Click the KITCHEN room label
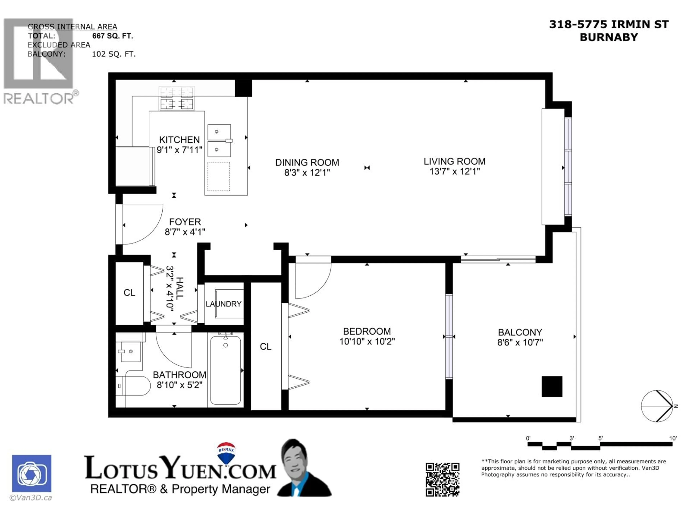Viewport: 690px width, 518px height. click(179, 140)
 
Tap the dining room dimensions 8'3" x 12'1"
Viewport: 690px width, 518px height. click(307, 172)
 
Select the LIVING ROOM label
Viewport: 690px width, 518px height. click(454, 162)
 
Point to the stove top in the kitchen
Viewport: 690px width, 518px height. click(177, 98)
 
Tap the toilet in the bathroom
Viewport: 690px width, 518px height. click(134, 386)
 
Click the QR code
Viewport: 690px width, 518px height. click(442, 479)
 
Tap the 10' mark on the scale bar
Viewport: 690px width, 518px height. click(673, 438)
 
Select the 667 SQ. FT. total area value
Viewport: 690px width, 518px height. click(113, 36)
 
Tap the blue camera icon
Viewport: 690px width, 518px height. click(32, 473)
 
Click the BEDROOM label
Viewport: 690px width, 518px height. click(367, 331)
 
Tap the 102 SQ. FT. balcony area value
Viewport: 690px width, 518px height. click(114, 54)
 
